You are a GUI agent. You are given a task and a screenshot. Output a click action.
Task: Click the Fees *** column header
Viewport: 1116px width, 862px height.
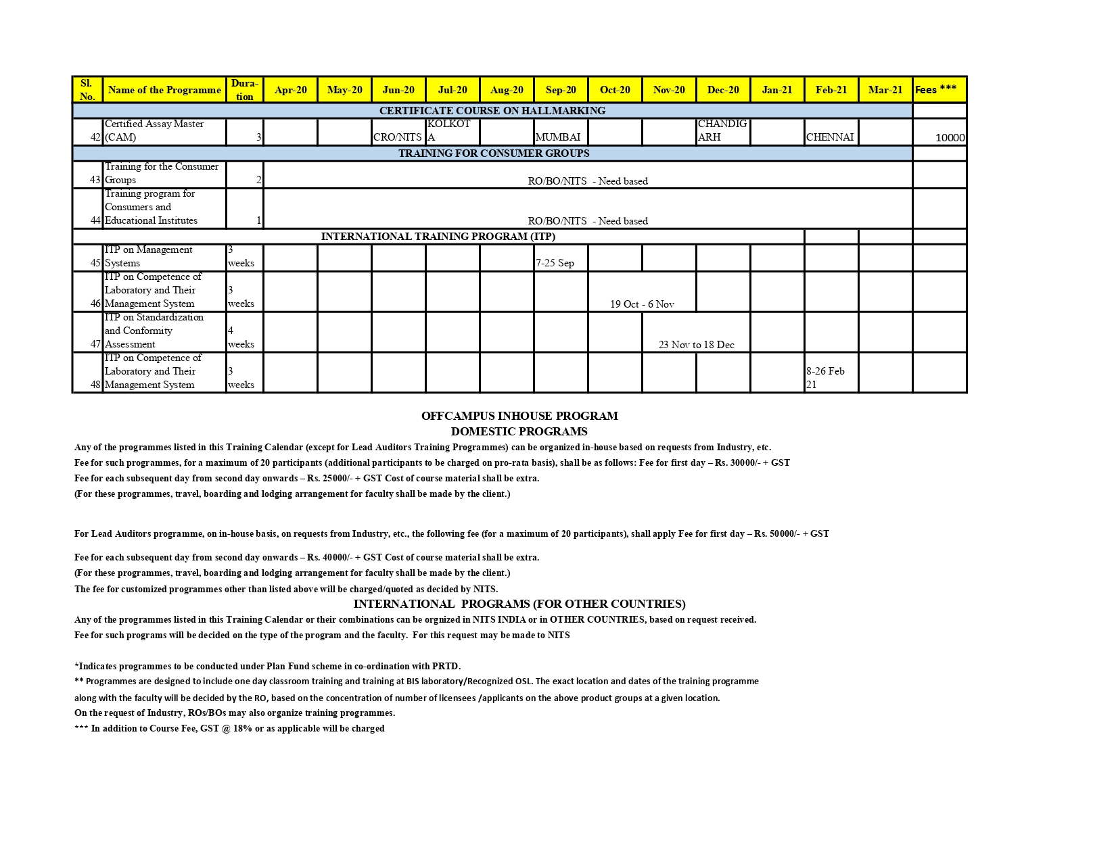(x=936, y=89)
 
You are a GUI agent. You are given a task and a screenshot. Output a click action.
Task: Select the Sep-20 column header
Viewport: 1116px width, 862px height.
(x=561, y=90)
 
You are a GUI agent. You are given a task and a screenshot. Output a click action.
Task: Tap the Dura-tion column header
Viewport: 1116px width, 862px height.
(x=244, y=90)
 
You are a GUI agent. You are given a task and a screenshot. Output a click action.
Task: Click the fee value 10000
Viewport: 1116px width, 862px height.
(x=950, y=138)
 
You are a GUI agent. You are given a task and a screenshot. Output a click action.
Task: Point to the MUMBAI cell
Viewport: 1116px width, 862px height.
(x=558, y=137)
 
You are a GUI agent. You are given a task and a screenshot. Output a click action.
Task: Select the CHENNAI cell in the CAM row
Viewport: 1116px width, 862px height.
(x=830, y=137)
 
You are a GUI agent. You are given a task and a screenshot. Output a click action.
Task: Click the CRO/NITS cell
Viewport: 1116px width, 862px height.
(x=398, y=137)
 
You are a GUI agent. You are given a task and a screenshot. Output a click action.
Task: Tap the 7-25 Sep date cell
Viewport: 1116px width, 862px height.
(x=555, y=263)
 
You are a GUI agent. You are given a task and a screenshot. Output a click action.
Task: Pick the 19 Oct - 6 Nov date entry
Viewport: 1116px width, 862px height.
(x=642, y=304)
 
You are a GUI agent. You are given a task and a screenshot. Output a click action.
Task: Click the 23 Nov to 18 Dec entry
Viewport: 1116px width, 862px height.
(x=696, y=345)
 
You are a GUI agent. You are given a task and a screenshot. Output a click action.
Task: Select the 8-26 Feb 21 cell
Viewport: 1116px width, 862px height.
(x=825, y=377)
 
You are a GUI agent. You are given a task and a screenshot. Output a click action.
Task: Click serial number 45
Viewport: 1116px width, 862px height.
(x=95, y=263)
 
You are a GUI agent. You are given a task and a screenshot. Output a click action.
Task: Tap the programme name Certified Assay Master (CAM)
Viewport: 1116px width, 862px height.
(x=154, y=130)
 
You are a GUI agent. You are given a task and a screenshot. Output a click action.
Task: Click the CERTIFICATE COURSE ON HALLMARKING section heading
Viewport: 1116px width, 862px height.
(x=492, y=111)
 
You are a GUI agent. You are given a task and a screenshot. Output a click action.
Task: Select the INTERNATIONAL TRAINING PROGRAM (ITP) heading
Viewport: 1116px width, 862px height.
(x=438, y=237)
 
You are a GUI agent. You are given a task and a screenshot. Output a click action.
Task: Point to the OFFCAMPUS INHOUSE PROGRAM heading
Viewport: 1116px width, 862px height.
(x=519, y=416)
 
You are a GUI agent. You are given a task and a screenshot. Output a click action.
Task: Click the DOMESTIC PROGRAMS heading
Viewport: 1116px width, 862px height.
(x=519, y=431)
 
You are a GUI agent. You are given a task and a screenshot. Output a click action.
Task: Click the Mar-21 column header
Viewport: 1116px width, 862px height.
(x=885, y=90)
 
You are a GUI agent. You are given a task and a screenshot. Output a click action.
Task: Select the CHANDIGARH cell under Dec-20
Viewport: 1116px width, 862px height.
(x=722, y=130)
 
